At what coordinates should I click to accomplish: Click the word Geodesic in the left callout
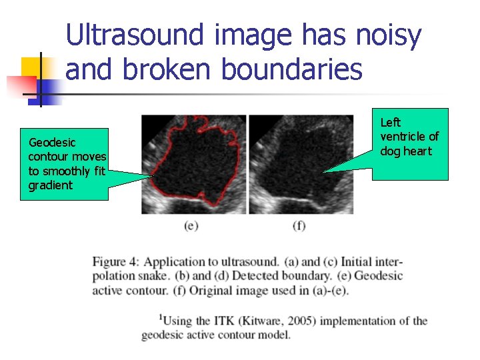click(x=52, y=142)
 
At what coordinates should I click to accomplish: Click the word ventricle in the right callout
click(x=405, y=137)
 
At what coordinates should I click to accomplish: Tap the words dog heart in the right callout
click(x=406, y=151)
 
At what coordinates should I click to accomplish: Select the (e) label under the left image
click(x=191, y=226)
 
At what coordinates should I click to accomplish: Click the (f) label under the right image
click(x=299, y=226)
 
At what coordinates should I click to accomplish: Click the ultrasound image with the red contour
click(x=193, y=164)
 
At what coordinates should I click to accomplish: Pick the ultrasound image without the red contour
click(x=301, y=164)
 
